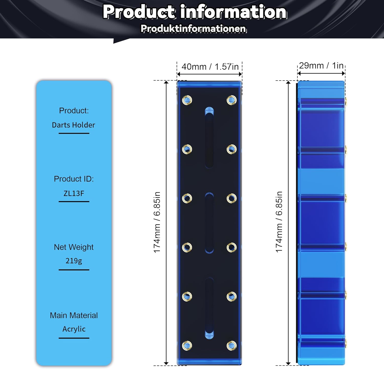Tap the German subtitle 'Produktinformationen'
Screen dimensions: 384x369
click(x=194, y=28)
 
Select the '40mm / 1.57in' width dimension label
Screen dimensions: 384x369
click(x=210, y=67)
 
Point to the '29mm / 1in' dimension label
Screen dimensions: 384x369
click(x=321, y=66)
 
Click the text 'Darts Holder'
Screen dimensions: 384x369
click(x=73, y=125)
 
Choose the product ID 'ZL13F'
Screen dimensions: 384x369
click(x=74, y=193)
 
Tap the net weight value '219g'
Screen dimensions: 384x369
click(x=74, y=261)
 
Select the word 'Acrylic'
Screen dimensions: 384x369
click(x=74, y=329)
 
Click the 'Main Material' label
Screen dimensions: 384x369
click(x=74, y=315)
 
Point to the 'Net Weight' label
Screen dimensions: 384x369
click(x=74, y=247)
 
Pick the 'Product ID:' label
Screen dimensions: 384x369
click(x=74, y=179)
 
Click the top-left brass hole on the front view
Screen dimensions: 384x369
click(x=187, y=100)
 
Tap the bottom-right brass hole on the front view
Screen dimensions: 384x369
click(x=232, y=346)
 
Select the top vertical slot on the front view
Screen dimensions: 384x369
click(x=209, y=138)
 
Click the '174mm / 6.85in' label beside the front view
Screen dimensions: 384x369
click(x=157, y=222)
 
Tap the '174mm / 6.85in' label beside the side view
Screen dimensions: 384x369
click(x=279, y=222)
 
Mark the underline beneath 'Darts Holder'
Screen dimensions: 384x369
click(x=74, y=133)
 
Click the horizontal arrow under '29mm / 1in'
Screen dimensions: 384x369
click(x=321, y=74)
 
